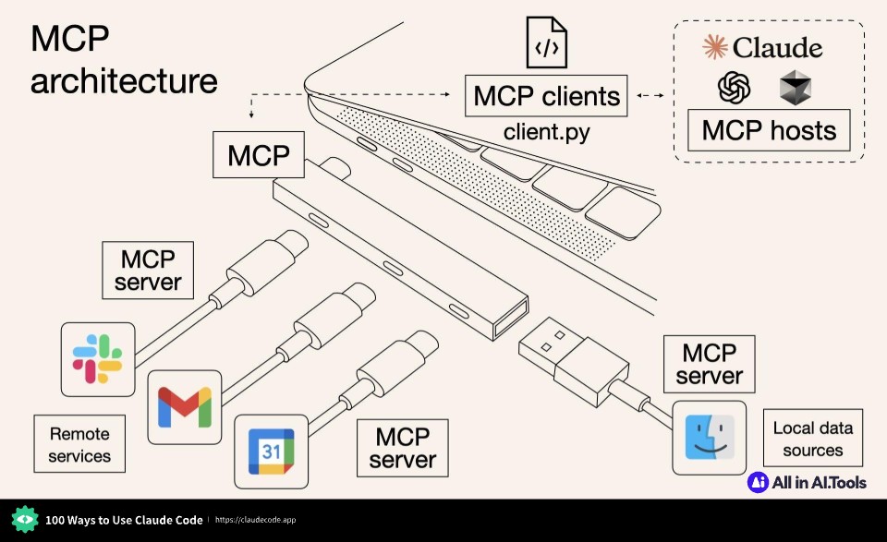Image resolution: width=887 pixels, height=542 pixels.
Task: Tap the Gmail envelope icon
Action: (x=185, y=407)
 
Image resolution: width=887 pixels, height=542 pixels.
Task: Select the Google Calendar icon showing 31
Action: (x=270, y=452)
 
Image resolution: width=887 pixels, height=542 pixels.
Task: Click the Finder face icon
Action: (x=709, y=437)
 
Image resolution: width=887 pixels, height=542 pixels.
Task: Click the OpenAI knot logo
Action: (x=734, y=89)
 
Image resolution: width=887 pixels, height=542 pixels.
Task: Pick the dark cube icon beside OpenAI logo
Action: (x=794, y=89)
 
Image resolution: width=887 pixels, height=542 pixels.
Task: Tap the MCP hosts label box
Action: (x=769, y=130)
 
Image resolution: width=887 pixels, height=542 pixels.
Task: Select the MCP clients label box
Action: (x=546, y=96)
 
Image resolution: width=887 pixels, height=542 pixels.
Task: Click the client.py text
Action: (x=546, y=132)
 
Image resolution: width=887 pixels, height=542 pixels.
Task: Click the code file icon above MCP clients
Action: (x=546, y=42)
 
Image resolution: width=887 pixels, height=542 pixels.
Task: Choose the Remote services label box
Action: (x=79, y=444)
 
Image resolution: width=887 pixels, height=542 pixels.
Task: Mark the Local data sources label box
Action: (x=813, y=439)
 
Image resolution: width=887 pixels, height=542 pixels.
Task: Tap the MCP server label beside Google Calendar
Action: (x=402, y=447)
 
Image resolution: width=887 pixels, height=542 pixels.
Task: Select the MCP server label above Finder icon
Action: (x=709, y=364)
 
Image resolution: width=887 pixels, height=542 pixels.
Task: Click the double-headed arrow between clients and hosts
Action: (x=651, y=95)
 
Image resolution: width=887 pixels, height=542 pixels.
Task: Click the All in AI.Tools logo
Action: (x=807, y=482)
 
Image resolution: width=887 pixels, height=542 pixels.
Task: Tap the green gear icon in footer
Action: (x=25, y=520)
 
